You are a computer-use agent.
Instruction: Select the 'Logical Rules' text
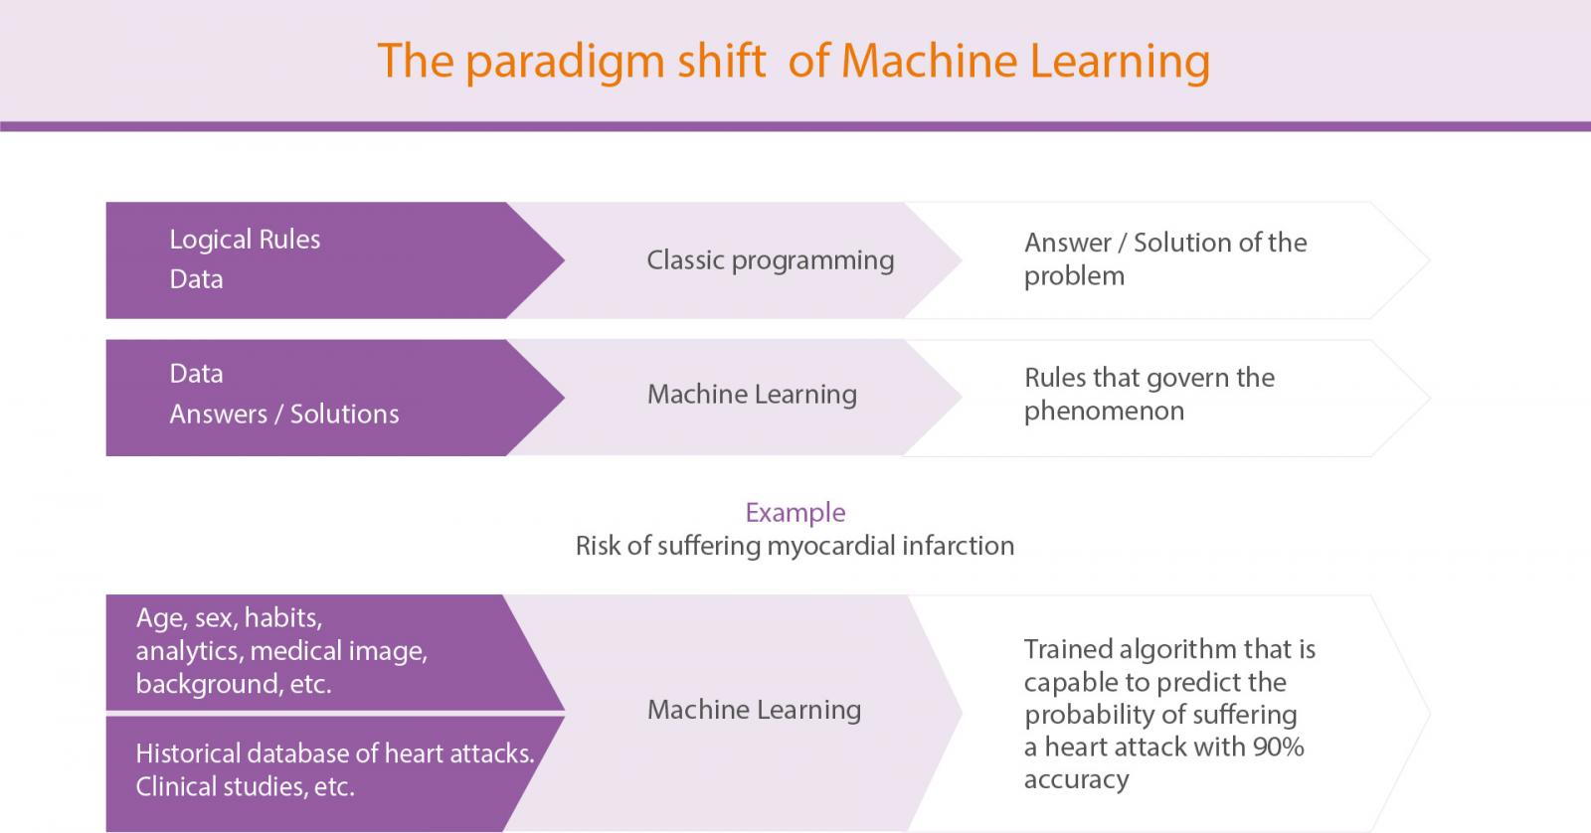pyautogui.click(x=245, y=240)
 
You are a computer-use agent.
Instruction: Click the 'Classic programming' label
pyautogui.click(x=770, y=260)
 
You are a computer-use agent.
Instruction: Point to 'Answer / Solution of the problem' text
pyautogui.click(x=1164, y=259)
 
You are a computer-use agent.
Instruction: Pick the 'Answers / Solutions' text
pyautogui.click(x=284, y=414)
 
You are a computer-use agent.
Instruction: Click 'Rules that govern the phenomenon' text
pyautogui.click(x=1149, y=394)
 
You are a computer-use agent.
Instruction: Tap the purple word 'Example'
pyautogui.click(x=795, y=512)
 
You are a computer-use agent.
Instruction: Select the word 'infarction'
pyautogui.click(x=959, y=546)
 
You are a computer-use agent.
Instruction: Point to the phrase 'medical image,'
pyautogui.click(x=339, y=651)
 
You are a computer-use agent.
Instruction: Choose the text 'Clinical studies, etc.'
pyautogui.click(x=245, y=787)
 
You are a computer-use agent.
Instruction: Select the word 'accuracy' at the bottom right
pyautogui.click(x=1076, y=780)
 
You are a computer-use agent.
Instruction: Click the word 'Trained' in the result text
pyautogui.click(x=1068, y=649)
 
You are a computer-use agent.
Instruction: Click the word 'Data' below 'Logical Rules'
pyautogui.click(x=196, y=279)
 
